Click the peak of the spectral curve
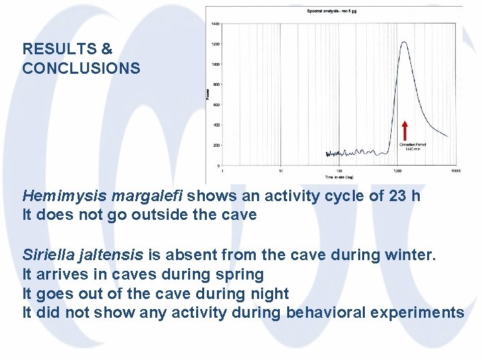click(x=404, y=43)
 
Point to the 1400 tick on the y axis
click(x=216, y=23)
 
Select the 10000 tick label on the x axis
click(x=455, y=171)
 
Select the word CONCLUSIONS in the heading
click(x=81, y=68)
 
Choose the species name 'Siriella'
click(x=48, y=255)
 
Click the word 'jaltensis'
click(x=110, y=255)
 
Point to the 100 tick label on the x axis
click(x=339, y=171)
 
